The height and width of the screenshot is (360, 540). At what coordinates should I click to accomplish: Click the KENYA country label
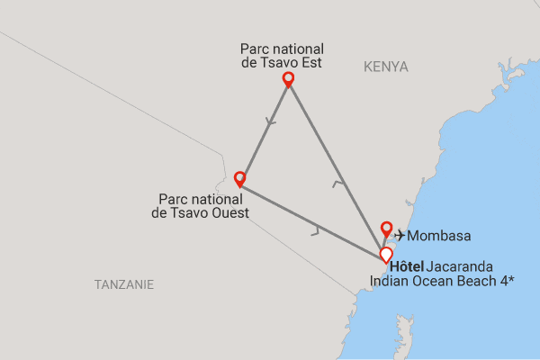[386, 67]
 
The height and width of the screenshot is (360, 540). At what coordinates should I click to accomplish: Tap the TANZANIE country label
[124, 284]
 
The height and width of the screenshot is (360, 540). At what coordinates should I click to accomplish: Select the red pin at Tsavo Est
[288, 79]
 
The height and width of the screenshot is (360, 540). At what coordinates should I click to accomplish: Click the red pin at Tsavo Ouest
[239, 177]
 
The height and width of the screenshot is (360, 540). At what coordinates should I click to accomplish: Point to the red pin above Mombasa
[387, 228]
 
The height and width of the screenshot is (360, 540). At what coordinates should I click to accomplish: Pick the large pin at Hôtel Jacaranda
[385, 255]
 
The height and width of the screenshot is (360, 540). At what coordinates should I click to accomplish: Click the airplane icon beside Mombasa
[400, 236]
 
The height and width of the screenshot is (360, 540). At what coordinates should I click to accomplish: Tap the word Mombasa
[437, 236]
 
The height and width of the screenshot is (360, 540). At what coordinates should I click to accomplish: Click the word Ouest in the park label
[229, 212]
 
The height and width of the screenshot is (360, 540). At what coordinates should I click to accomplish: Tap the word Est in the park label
[311, 63]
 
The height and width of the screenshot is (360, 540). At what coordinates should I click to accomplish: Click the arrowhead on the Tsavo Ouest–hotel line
[316, 231]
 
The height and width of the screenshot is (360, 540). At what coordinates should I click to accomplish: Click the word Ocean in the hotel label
[434, 282]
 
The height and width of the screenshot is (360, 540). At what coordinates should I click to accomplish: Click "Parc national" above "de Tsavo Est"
[282, 49]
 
